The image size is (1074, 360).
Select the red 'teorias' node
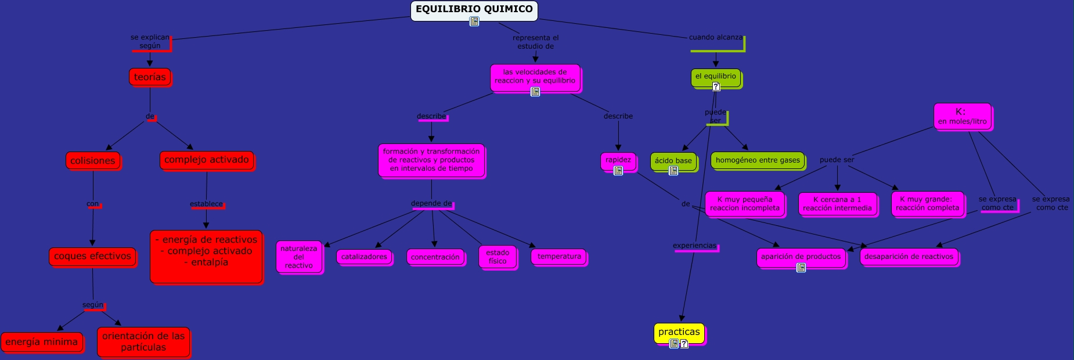(x=150, y=77)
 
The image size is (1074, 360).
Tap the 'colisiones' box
(x=93, y=161)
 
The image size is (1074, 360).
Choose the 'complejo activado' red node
(x=207, y=160)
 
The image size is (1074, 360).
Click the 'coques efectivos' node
(x=92, y=256)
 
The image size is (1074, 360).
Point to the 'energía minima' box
(x=42, y=342)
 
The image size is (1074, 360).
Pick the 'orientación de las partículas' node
(x=143, y=342)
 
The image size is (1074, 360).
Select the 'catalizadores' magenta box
(x=364, y=257)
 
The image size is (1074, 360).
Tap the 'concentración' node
(x=435, y=257)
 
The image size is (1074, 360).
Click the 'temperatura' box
(x=559, y=256)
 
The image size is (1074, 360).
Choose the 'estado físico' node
(x=498, y=257)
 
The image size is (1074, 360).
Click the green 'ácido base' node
(x=673, y=161)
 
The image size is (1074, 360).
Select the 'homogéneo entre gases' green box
(x=758, y=160)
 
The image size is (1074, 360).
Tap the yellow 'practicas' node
(x=679, y=332)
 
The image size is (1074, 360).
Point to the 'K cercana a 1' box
(x=837, y=204)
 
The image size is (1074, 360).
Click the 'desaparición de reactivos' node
(x=909, y=257)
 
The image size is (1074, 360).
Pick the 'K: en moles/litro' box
(x=962, y=116)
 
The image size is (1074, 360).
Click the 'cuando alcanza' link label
(x=715, y=37)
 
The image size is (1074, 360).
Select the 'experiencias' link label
(x=694, y=246)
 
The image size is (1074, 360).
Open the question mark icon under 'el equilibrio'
(x=716, y=87)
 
